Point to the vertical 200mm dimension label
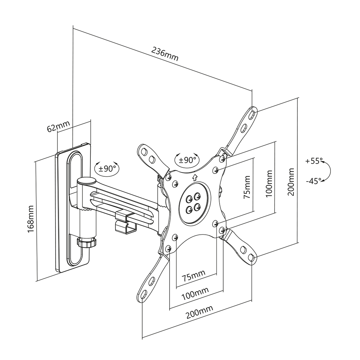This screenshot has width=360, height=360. tap(291, 182)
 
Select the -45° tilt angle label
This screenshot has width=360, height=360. tap(314, 181)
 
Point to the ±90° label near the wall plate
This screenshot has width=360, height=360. tap(105, 167)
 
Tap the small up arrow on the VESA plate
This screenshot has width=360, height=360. tap(195, 177)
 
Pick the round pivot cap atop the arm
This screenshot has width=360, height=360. tap(85, 181)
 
